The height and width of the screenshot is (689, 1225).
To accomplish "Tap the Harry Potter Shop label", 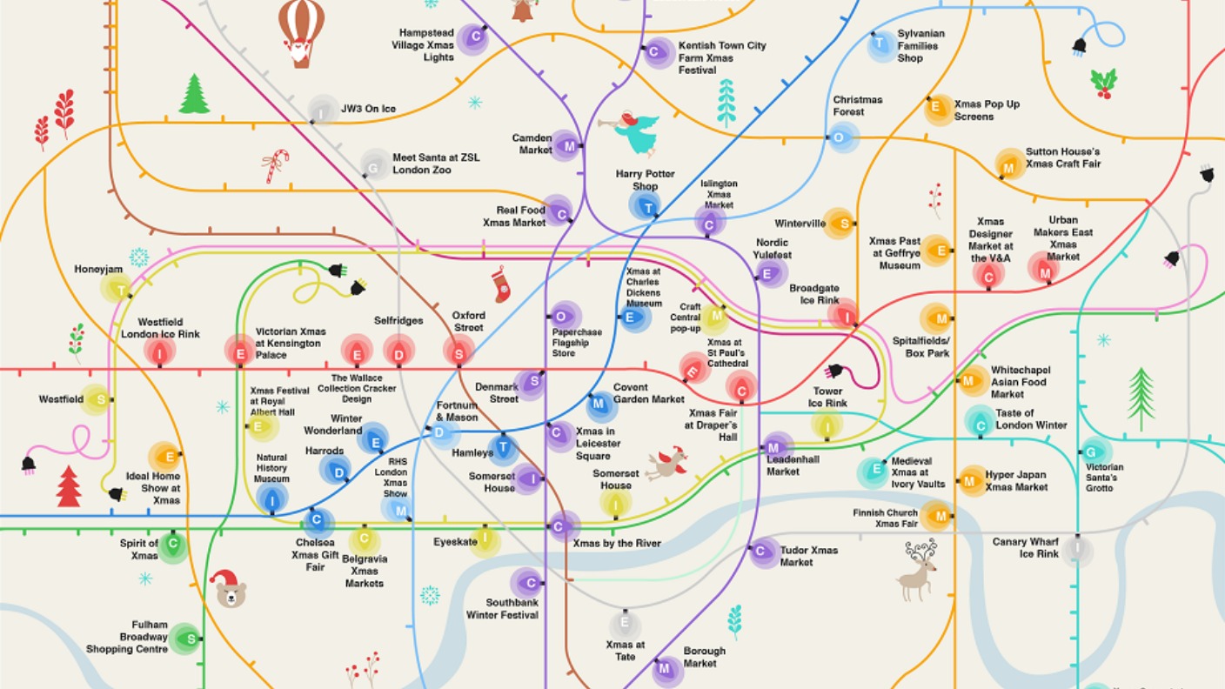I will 645,180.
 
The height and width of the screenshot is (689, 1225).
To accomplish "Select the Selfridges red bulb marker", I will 399,353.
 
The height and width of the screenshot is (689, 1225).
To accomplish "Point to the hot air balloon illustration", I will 301,31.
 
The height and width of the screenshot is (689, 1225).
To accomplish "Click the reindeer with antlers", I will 919,571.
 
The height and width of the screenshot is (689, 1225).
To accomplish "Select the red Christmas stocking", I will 501,284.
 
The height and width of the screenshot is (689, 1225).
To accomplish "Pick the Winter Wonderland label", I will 333,425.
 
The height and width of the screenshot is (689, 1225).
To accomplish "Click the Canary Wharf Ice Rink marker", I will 1077,549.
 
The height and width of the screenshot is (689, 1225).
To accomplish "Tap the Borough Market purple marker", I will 666,668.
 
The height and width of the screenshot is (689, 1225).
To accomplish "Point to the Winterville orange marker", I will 839,224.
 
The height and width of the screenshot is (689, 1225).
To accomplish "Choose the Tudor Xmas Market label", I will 808,556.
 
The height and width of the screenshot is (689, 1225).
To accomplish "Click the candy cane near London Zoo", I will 276,164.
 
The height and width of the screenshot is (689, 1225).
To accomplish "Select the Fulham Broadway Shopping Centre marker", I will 185,639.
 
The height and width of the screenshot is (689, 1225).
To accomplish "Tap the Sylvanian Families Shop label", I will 920,46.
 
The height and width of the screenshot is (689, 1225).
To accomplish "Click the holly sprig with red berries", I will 1103,83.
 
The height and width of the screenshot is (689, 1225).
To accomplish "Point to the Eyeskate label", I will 455,542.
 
